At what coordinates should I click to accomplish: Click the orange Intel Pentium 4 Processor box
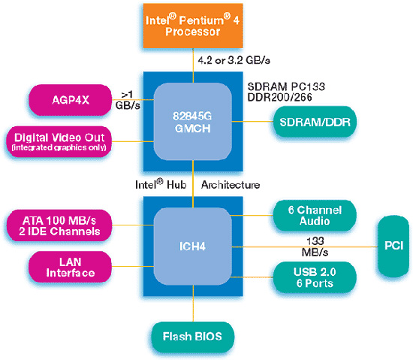pyautogui.click(x=193, y=26)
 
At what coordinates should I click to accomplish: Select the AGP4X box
pyautogui.click(x=71, y=100)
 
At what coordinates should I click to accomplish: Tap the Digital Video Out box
pyautogui.click(x=59, y=142)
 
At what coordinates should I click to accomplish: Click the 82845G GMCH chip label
pyautogui.click(x=193, y=123)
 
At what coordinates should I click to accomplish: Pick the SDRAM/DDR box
pyautogui.click(x=315, y=122)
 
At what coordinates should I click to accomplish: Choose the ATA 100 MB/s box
pyautogui.click(x=59, y=225)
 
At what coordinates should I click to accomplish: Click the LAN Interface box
pyautogui.click(x=71, y=267)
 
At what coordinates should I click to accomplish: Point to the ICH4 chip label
pyautogui.click(x=192, y=247)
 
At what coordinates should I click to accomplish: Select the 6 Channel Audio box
pyautogui.click(x=315, y=216)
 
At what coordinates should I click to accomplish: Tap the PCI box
pyautogui.click(x=393, y=247)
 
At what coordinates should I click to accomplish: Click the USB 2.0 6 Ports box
pyautogui.click(x=315, y=277)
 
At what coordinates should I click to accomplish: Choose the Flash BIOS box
pyautogui.click(x=193, y=337)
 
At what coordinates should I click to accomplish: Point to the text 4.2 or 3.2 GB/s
pyautogui.click(x=234, y=61)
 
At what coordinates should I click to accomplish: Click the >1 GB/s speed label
pyautogui.click(x=128, y=100)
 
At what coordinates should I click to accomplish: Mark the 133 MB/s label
pyautogui.click(x=315, y=247)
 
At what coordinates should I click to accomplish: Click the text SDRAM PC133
pyautogui.click(x=286, y=86)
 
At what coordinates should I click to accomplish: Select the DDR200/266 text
pyautogui.click(x=280, y=97)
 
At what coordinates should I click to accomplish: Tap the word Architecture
pyautogui.click(x=231, y=185)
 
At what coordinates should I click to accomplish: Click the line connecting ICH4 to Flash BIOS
pyautogui.click(x=193, y=304)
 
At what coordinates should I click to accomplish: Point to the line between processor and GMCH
pyautogui.click(x=193, y=65)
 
